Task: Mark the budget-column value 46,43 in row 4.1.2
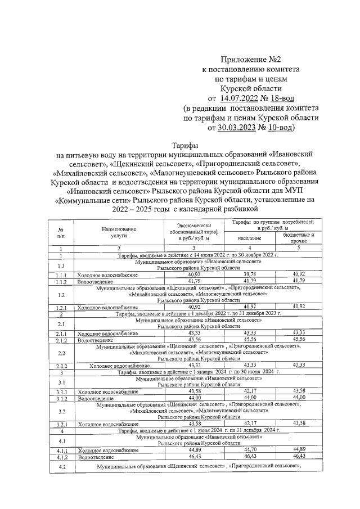click(x=298, y=456)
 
